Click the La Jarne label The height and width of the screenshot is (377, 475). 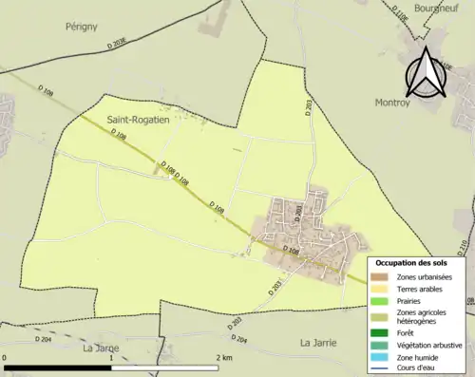click(103, 348)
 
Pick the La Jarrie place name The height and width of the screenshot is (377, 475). click(319, 342)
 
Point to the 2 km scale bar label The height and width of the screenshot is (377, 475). click(224, 357)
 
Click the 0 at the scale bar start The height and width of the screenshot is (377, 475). click(6, 357)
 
